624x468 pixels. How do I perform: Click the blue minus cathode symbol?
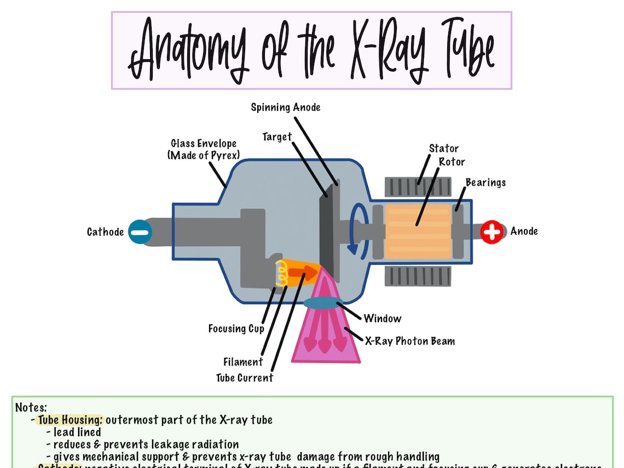[x=140, y=231]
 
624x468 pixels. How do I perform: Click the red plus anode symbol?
[x=492, y=232]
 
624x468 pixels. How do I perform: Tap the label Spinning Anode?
[x=285, y=107]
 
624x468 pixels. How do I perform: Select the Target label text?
[x=277, y=136]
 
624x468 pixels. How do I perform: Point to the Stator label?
[x=443, y=149]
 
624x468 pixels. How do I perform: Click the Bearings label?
[x=486, y=182]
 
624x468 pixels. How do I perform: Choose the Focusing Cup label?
[x=236, y=329]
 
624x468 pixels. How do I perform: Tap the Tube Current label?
[x=244, y=378]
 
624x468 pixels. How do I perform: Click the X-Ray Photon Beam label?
[x=410, y=341]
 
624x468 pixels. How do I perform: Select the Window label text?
[x=382, y=318]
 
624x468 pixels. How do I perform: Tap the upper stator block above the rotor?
[x=418, y=187]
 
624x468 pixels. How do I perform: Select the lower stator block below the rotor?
[x=418, y=276]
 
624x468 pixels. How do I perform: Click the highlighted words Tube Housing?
[x=70, y=420]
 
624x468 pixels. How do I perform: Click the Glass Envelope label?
[x=204, y=149]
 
